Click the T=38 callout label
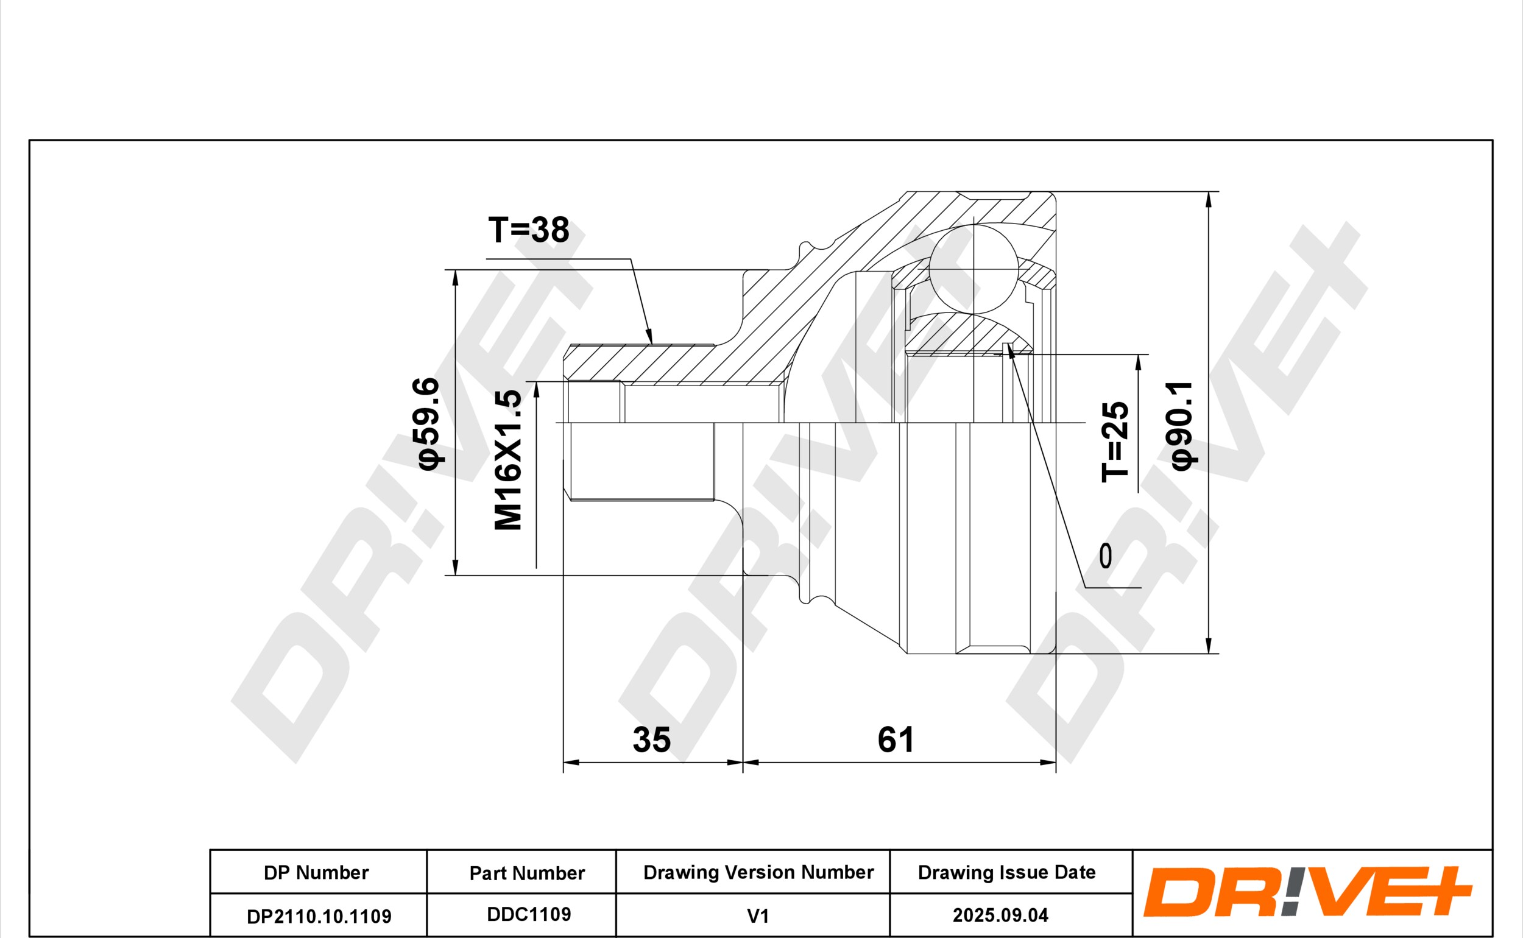click(529, 230)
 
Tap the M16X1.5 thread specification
click(508, 460)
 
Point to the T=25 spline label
click(1115, 442)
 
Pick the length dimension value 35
click(651, 739)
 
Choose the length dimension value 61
click(895, 739)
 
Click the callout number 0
click(1106, 556)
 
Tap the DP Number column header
click(316, 873)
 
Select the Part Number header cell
click(528, 873)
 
